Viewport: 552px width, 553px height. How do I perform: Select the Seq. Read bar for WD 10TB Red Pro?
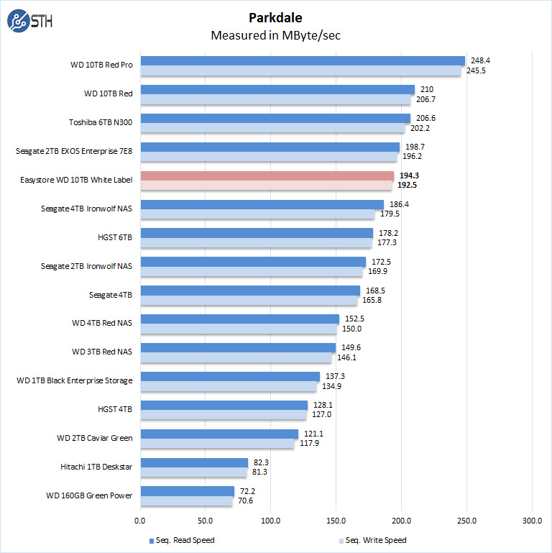click(x=303, y=60)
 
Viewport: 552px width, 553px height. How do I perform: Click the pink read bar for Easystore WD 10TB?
click(x=267, y=175)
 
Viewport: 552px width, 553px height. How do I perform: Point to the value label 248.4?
click(x=478, y=60)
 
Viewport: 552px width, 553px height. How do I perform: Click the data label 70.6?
click(x=247, y=501)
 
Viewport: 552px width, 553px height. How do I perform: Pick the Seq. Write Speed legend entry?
click(x=372, y=540)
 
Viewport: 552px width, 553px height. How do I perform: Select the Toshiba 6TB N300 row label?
click(x=100, y=122)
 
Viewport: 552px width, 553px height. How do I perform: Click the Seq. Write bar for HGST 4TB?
click(x=223, y=415)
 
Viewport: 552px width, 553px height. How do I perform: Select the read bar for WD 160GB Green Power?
click(x=187, y=491)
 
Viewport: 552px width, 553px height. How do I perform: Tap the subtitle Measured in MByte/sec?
click(x=276, y=35)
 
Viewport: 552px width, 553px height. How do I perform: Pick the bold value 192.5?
click(x=407, y=185)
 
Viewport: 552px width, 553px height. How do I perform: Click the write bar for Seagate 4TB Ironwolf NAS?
click(x=257, y=214)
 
